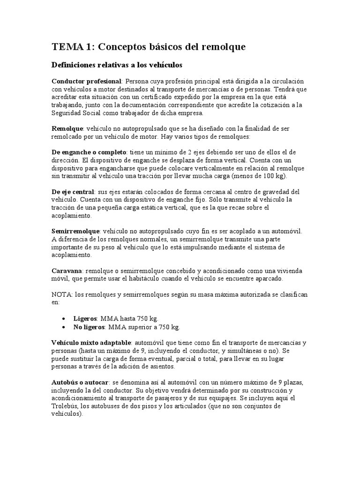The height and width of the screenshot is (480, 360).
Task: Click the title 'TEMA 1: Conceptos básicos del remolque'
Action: [x=148, y=47]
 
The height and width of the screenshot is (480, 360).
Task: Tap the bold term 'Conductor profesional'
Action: [x=86, y=81]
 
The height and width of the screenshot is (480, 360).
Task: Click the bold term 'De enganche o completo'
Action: [x=89, y=152]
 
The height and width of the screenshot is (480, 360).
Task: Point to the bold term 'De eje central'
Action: [x=72, y=192]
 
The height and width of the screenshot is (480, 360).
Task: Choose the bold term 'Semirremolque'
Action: [x=75, y=232]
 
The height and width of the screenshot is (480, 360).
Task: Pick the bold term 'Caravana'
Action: [x=67, y=271]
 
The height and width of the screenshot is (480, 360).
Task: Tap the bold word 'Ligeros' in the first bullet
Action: [x=85, y=318]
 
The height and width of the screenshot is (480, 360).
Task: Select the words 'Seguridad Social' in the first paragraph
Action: [x=75, y=113]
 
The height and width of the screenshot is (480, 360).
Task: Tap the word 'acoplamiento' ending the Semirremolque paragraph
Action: [x=71, y=255]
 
